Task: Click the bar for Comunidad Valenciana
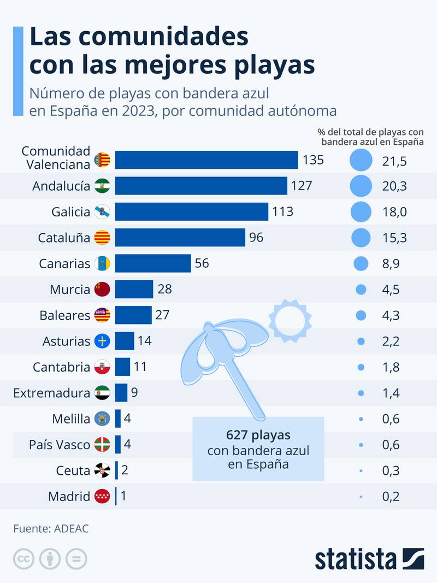[206, 160]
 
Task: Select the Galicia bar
[192, 211]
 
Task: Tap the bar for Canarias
[153, 263]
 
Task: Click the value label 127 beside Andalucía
[302, 186]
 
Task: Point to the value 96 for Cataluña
[256, 238]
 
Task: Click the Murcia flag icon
[102, 290]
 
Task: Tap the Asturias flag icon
[102, 341]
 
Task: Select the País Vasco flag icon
[102, 444]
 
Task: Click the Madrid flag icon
[102, 497]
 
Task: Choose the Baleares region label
[64, 315]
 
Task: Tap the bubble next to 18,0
[361, 211]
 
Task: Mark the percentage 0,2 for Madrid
[391, 497]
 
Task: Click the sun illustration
[290, 319]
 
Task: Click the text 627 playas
[258, 435]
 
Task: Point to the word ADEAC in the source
[72, 528]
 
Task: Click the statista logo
[369, 559]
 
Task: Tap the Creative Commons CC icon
[23, 559]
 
